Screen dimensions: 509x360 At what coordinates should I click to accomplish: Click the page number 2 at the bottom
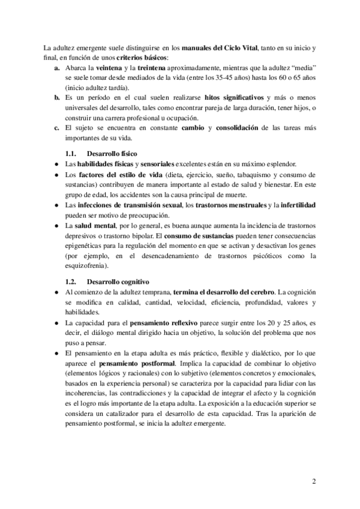(313, 481)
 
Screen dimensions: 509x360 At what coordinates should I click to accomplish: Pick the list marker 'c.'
(56, 128)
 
